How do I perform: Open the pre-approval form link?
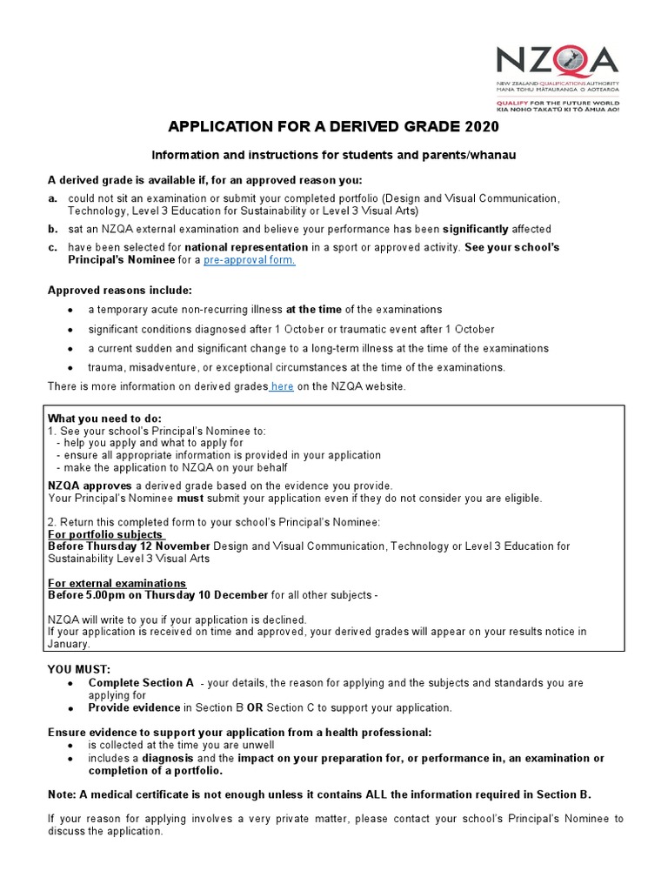(250, 260)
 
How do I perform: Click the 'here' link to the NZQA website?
(282, 386)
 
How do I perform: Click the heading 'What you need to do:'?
(104, 419)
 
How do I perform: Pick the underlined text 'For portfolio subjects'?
(105, 534)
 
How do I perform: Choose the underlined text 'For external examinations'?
(117, 583)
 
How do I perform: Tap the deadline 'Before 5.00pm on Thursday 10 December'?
(157, 595)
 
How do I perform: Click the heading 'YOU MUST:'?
(79, 670)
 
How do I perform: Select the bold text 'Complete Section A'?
(141, 683)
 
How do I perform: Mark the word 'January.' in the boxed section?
(69, 645)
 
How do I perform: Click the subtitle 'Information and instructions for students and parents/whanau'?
(335, 156)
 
